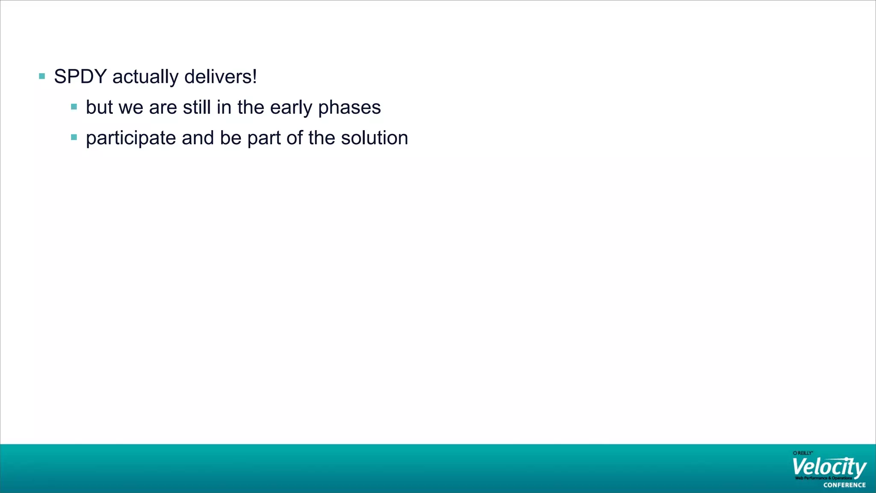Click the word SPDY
click(80, 77)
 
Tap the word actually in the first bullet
click(145, 77)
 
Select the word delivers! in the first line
click(221, 77)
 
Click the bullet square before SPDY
click(42, 77)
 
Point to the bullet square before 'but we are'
click(74, 107)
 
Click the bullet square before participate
click(74, 137)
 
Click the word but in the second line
click(99, 107)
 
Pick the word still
click(197, 107)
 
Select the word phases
click(349, 108)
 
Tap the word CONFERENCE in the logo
click(844, 485)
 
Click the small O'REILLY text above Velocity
click(802, 453)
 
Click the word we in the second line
click(131, 108)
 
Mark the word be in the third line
click(231, 138)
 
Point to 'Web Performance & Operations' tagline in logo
click(823, 478)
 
